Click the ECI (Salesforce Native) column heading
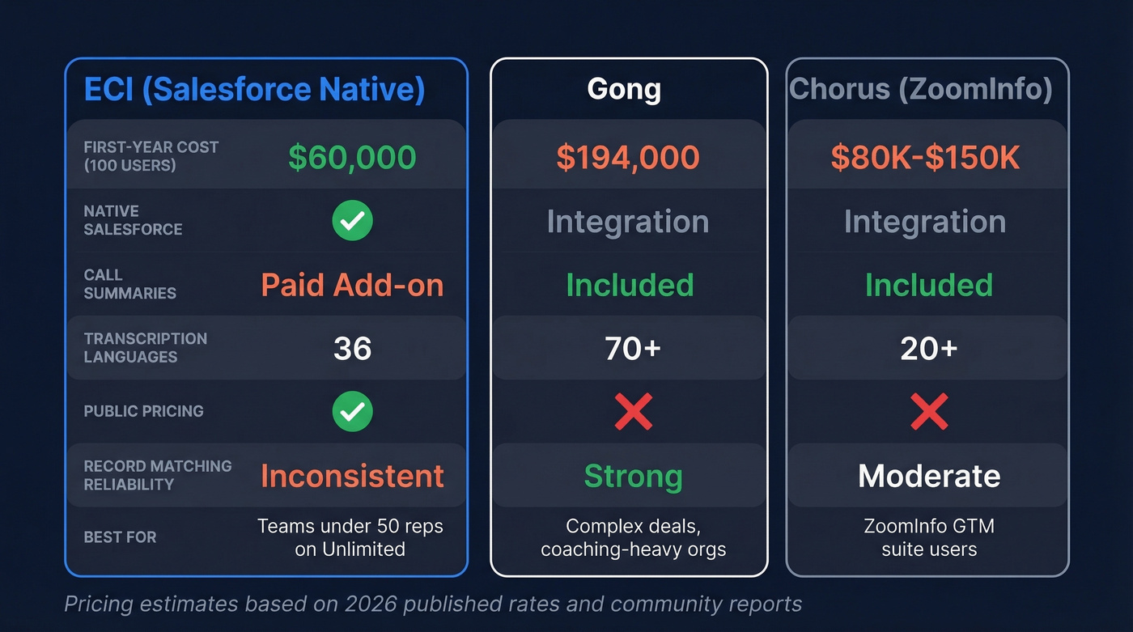tap(254, 89)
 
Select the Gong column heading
tap(624, 89)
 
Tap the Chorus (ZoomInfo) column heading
tap(920, 89)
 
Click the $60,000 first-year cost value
tap(352, 157)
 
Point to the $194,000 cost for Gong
tap(628, 157)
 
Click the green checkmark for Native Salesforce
tap(352, 221)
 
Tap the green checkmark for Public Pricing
tap(352, 411)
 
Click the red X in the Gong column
tap(633, 412)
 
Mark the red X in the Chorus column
tap(928, 412)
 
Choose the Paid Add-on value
tap(352, 285)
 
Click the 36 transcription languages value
tap(352, 349)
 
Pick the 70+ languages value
tap(632, 349)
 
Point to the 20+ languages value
tap(928, 349)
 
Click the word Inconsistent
tap(352, 476)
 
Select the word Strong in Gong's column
tap(633, 476)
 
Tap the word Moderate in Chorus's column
tap(929, 476)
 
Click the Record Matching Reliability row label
tap(157, 475)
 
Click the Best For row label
tap(120, 537)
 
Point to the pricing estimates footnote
tap(433, 604)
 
